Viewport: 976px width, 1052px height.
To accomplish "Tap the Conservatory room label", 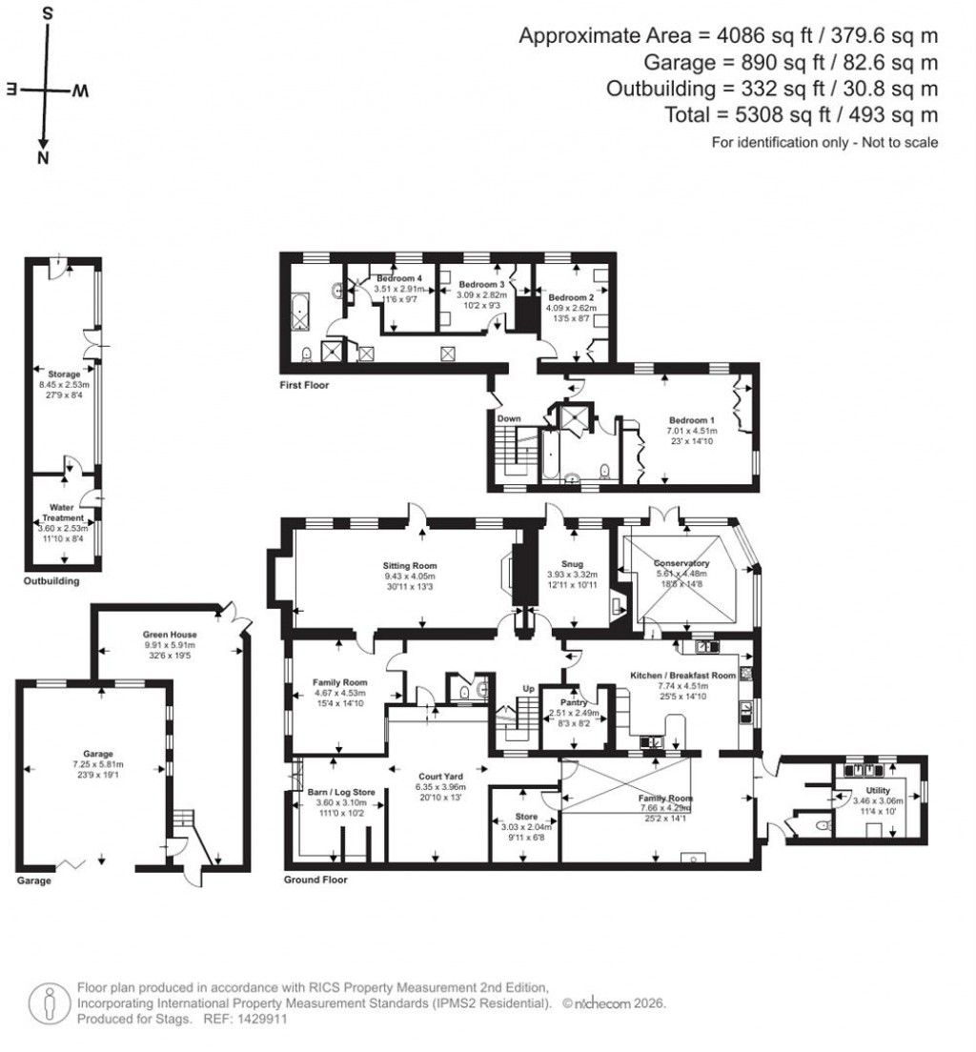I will coord(681,563).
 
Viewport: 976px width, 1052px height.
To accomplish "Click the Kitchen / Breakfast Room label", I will coord(682,676).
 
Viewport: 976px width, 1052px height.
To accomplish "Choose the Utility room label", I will coord(877,790).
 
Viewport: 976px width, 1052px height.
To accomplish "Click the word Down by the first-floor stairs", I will coord(508,418).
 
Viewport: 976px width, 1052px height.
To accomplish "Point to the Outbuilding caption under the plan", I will coord(51,581).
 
